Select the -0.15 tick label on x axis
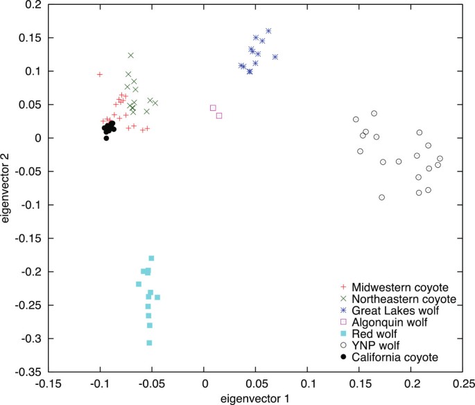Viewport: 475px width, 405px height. pyautogui.click(x=48, y=381)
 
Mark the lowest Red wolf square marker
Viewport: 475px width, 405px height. pyautogui.click(x=149, y=343)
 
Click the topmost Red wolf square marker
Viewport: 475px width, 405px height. pyautogui.click(x=151, y=258)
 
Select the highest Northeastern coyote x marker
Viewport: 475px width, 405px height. pyautogui.click(x=130, y=55)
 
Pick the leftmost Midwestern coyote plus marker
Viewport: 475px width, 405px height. pyautogui.click(x=100, y=74)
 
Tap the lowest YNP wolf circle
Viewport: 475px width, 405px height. pyautogui.click(x=381, y=198)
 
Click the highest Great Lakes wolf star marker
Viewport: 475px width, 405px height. pyautogui.click(x=268, y=31)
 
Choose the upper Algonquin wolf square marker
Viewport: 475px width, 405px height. pyautogui.click(x=213, y=107)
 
